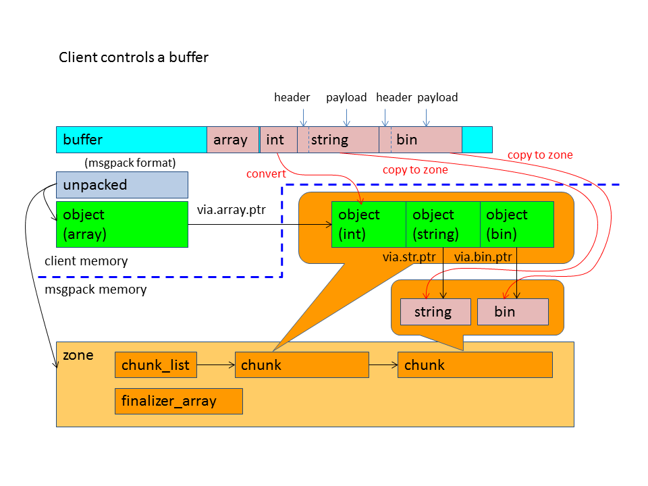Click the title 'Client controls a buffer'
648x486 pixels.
pyautogui.click(x=134, y=57)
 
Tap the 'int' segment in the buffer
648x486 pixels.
pyautogui.click(x=277, y=140)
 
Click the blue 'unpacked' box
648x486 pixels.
pyautogui.click(x=122, y=184)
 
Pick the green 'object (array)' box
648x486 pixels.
pyautogui.click(x=122, y=224)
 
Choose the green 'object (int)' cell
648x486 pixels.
pyautogui.click(x=369, y=224)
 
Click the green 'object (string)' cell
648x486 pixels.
pyautogui.click(x=443, y=224)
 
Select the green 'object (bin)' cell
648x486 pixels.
pyautogui.click(x=516, y=224)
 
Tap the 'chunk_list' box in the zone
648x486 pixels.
pyautogui.click(x=156, y=365)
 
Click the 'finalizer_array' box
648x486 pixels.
pyautogui.click(x=178, y=401)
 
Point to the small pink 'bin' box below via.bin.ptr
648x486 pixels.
pyautogui.click(x=512, y=311)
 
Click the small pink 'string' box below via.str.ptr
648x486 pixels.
pyautogui.click(x=435, y=311)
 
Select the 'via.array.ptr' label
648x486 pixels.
pyautogui.click(x=232, y=209)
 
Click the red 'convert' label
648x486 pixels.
pyautogui.click(x=266, y=174)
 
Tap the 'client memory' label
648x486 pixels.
pyautogui.click(x=86, y=261)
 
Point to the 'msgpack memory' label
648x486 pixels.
pyautogui.click(x=95, y=289)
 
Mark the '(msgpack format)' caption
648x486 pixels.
pyautogui.click(x=130, y=163)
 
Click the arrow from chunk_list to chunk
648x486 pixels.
pyautogui.click(x=215, y=365)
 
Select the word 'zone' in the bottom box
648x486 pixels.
pyautogui.click(x=78, y=354)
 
